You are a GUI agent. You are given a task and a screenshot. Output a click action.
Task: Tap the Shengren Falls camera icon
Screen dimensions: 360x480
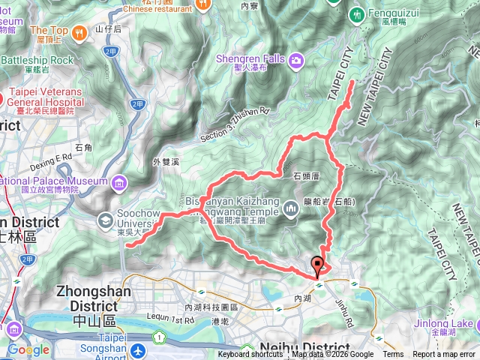pyautogui.click(x=297, y=59)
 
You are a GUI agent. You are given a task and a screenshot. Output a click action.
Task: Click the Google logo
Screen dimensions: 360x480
pyautogui.click(x=28, y=349)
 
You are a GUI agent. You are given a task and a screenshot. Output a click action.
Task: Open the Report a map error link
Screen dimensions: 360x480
pyautogui.click(x=443, y=355)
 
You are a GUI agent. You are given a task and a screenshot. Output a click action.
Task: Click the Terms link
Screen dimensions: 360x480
pyautogui.click(x=393, y=355)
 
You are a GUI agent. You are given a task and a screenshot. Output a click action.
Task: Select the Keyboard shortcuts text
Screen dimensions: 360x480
pyautogui.click(x=251, y=355)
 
